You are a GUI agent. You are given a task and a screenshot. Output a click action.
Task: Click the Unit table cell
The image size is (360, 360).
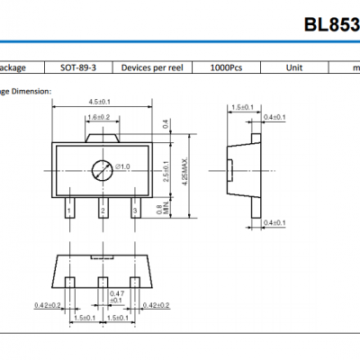pyautogui.click(x=293, y=67)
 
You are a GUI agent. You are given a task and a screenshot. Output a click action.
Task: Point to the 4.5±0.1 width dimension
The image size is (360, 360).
pyautogui.click(x=100, y=101)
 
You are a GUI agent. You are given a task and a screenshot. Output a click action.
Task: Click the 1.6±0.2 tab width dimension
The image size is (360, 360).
pyautogui.click(x=99, y=117)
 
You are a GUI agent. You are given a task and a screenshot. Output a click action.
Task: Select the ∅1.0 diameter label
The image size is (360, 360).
pyautogui.click(x=123, y=167)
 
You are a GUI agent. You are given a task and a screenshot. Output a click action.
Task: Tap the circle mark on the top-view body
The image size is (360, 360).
pyautogui.click(x=102, y=167)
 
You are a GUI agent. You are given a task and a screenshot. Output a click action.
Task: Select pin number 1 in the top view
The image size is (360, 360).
pyautogui.click(x=69, y=211)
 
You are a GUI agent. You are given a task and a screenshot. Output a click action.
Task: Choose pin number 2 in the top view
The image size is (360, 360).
pyautogui.click(x=103, y=211)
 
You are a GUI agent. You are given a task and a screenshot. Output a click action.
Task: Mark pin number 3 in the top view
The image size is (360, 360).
pyautogui.click(x=134, y=211)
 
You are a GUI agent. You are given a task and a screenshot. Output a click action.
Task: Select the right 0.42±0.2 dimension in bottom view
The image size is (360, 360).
pyautogui.click(x=155, y=305)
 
